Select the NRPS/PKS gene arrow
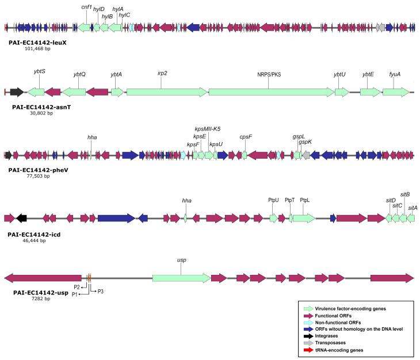coord(271,91)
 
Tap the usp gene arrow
coord(181,278)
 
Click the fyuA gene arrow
coord(396,91)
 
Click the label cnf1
coord(87,7)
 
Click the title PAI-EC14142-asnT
coord(45,107)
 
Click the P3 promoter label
coord(100,292)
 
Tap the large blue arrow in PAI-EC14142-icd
coord(116,218)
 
